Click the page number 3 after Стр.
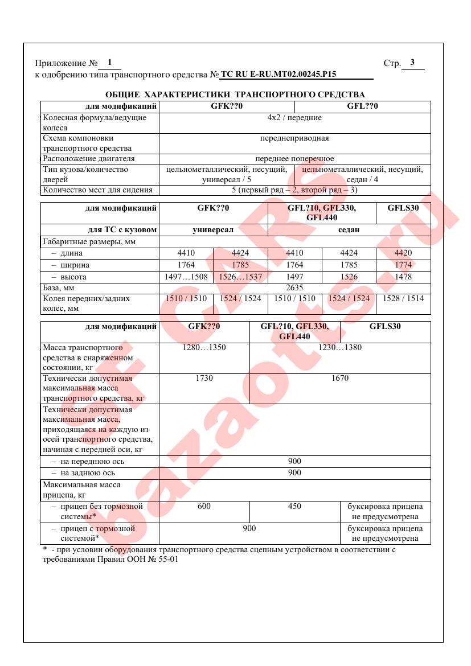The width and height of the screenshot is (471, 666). tap(412, 63)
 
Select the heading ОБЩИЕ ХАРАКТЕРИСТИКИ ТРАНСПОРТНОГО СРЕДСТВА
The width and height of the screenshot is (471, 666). tap(235, 94)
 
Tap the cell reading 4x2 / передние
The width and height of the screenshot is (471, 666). tap(294, 118)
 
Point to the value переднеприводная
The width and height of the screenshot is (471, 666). tap(294, 138)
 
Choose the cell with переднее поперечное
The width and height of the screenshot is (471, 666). tap(294, 159)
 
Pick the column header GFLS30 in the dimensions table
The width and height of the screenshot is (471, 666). tap(403, 208)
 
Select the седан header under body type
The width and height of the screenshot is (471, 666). tap(349, 230)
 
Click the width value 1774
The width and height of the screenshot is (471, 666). tap(403, 265)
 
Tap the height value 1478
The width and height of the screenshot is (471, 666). tap(403, 277)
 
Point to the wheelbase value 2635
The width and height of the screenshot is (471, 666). tap(294, 288)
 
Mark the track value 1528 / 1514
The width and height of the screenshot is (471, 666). tap(403, 298)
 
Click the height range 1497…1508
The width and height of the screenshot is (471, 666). tap(186, 277)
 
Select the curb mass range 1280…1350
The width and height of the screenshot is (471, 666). tap(204, 347)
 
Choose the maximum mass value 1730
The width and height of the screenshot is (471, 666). tap(204, 378)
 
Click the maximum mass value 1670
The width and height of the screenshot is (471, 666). tap(340, 378)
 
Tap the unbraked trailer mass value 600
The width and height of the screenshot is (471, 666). tap(204, 506)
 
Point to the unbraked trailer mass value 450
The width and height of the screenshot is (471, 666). tap(294, 506)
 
